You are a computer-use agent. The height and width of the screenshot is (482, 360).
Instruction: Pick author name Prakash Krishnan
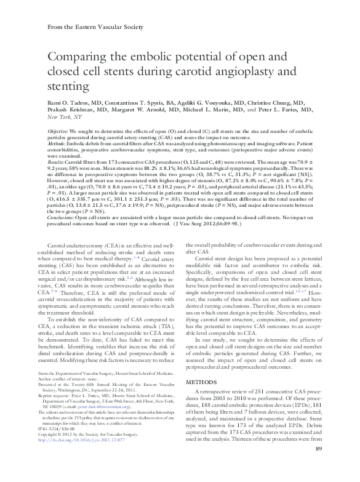(x=71, y=108)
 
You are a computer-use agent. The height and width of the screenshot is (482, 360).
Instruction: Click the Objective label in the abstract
(x=58, y=132)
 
